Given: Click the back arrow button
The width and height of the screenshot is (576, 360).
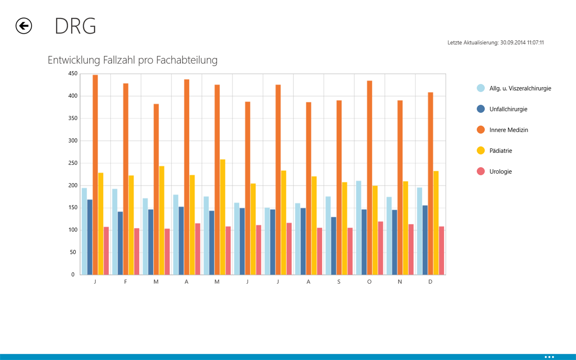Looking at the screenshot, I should click(x=24, y=26).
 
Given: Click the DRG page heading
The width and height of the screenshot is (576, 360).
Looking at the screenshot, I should click(x=75, y=26).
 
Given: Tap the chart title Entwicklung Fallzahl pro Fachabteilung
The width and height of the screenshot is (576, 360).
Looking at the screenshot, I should click(x=132, y=60).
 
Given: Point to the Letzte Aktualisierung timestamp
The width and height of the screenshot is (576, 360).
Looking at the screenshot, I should click(x=496, y=43).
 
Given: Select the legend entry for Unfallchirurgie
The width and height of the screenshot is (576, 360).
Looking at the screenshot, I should click(x=508, y=109).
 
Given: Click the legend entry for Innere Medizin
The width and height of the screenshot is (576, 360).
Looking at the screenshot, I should click(x=508, y=130).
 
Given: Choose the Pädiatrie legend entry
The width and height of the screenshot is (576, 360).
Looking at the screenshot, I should click(x=500, y=151).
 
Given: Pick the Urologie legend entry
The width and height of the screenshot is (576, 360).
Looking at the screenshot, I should click(x=500, y=172).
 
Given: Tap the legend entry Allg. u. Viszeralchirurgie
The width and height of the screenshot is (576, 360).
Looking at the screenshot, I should click(x=520, y=88).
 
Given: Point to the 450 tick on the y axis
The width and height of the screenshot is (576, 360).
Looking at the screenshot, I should click(x=72, y=73).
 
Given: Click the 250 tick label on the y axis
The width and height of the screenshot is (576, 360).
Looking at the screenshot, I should click(x=72, y=163).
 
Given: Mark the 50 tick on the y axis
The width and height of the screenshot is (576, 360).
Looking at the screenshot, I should click(x=73, y=252).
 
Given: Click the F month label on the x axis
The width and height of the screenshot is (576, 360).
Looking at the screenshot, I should click(x=125, y=282).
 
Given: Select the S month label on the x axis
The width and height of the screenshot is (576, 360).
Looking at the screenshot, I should click(x=339, y=282).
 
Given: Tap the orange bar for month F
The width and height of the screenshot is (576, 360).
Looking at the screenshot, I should click(x=126, y=178).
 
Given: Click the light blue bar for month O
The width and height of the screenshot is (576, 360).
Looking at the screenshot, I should click(x=359, y=227).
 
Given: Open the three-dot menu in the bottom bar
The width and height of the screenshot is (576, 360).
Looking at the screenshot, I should click(x=549, y=356).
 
